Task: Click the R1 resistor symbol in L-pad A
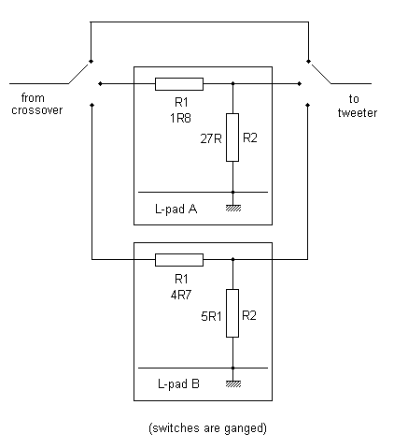179,84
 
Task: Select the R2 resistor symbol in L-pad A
232,137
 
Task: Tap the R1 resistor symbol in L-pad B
179,260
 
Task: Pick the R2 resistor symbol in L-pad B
232,313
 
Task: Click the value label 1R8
180,118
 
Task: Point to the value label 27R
211,138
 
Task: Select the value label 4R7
181,295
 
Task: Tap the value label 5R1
211,316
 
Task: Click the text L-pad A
176,209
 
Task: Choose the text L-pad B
178,383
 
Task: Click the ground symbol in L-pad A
233,208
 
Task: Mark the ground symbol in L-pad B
233,383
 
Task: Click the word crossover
37,110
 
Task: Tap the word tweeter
358,112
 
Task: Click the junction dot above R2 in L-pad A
232,83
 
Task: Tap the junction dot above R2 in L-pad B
232,259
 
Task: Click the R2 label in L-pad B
249,315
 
